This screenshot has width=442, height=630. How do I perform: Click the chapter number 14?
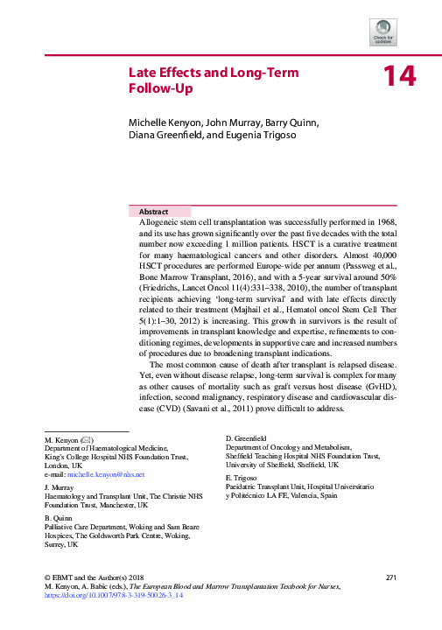(398, 78)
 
